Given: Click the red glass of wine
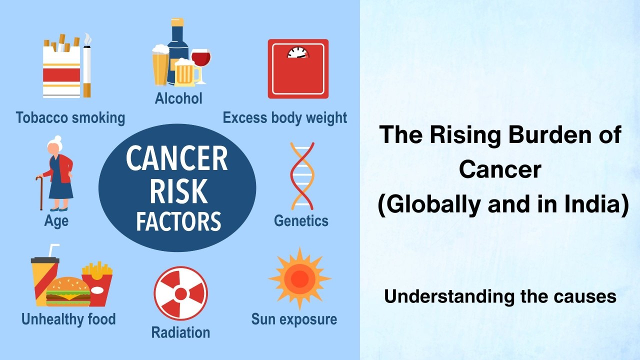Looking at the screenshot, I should coord(200,59).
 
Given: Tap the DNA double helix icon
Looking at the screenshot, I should coord(302,175).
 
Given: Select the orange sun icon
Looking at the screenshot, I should coord(299,278).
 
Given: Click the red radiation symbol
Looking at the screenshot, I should coord(180,293).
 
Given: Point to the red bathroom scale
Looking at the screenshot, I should coord(298,68).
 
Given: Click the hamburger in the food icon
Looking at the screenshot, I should coord(68,292).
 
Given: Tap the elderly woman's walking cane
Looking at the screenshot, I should coord(40,192).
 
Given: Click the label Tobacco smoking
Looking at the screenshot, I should coord(70,118).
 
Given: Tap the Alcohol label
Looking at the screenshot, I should coord(178,98).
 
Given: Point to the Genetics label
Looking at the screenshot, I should coord(301,220).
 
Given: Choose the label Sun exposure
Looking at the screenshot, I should coord(294,319).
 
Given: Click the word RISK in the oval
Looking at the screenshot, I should coord(178,190).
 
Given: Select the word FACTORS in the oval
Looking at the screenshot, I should coord(178,221).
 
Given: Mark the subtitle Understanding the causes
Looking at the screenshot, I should coord(500,296).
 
